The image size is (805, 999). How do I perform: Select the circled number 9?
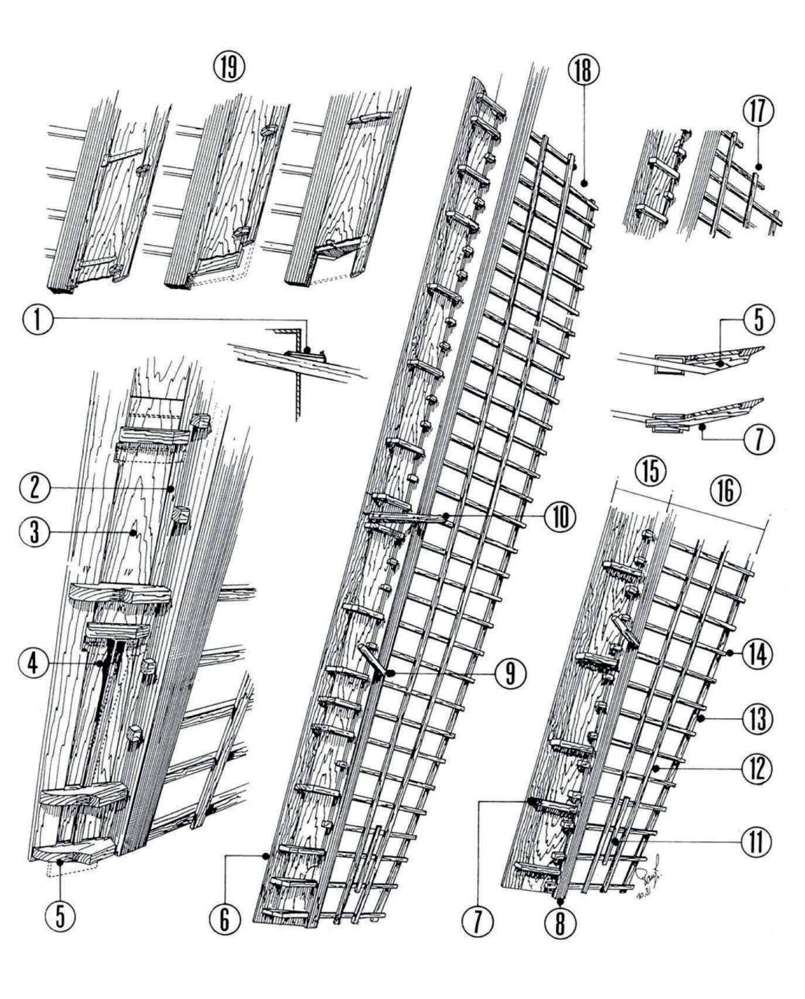509,674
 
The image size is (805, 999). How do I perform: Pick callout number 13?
757,719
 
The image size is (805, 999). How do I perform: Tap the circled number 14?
757,653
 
